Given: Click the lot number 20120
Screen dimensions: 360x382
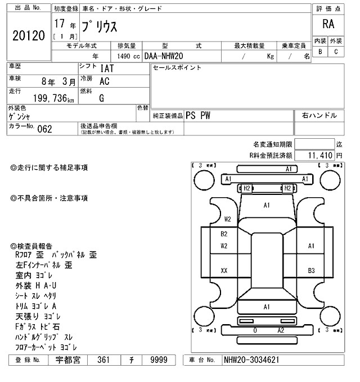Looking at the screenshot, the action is coord(28,36).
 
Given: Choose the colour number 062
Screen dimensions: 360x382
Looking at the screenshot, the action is coord(44,129).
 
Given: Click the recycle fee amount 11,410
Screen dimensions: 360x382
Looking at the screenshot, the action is coord(321,154).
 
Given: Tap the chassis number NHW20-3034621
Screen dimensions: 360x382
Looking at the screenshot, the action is coord(253,359).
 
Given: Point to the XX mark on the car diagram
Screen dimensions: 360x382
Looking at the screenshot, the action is coord(224,271).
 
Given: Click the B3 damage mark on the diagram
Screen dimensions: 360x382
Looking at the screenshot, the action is coord(311,271).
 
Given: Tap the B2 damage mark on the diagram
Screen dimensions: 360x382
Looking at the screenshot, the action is coord(224,234).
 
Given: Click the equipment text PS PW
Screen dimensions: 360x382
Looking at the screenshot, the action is coord(197,115).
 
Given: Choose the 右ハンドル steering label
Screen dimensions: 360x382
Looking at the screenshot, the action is coord(319,115).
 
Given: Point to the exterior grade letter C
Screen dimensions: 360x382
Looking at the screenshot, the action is coord(336,52).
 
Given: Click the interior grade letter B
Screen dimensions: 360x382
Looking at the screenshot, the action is coord(320,52).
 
